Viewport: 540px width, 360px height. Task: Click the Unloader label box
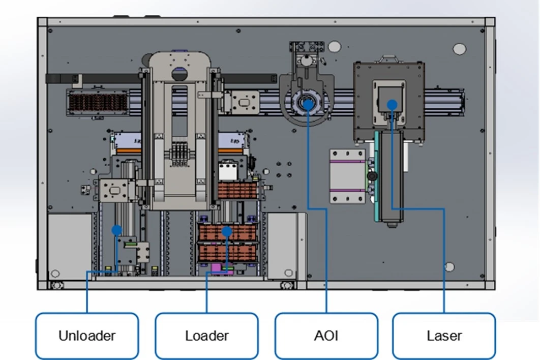tap(87, 336)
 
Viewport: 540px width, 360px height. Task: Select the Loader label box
tap(206, 336)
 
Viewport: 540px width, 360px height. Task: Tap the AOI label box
tap(326, 336)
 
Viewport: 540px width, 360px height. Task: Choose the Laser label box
tap(444, 336)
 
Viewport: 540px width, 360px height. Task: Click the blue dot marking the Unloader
tap(117, 230)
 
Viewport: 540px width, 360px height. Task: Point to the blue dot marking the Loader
tap(227, 231)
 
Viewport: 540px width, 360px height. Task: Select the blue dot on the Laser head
tap(392, 104)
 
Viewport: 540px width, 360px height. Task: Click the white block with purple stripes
tap(347, 176)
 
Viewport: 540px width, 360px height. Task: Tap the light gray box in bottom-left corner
tap(70, 247)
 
